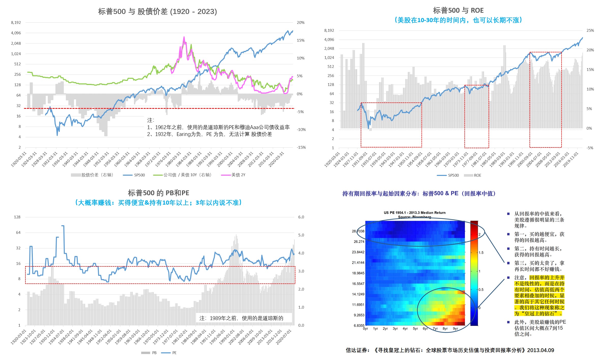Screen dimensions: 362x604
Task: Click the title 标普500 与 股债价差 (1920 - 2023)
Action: [x=157, y=11]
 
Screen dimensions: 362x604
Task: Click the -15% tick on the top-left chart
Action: [x=301, y=147]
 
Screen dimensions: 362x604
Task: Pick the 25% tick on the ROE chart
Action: [x=590, y=31]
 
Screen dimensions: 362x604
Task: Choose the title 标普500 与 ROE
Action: [x=458, y=10]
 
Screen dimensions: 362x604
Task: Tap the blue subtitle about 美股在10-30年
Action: [x=458, y=20]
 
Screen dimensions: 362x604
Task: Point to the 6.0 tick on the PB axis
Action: [x=301, y=217]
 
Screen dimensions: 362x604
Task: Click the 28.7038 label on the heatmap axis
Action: [x=358, y=231]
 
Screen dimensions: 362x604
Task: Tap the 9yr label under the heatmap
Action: [x=455, y=328]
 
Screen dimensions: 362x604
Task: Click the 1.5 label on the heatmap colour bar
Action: [x=481, y=252]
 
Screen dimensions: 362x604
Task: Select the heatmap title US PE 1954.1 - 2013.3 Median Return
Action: [x=415, y=213]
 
